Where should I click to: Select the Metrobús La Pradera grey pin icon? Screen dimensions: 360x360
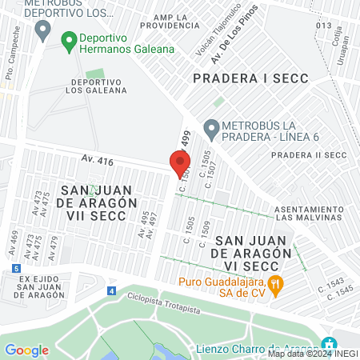tap(211, 127)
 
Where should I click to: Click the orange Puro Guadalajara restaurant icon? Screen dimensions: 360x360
tap(275, 282)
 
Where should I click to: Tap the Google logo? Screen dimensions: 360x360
tap(26, 350)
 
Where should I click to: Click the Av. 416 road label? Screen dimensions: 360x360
tap(96, 162)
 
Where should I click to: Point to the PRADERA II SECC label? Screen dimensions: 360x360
tap(314, 154)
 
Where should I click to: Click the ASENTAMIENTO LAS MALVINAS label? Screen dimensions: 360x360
tap(308, 212)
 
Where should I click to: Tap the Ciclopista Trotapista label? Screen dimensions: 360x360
tap(164, 302)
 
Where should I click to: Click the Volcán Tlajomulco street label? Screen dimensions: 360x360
tap(206, 42)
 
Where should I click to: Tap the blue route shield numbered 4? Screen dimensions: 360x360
tap(111, 290)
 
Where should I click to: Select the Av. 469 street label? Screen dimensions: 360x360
tap(13, 242)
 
